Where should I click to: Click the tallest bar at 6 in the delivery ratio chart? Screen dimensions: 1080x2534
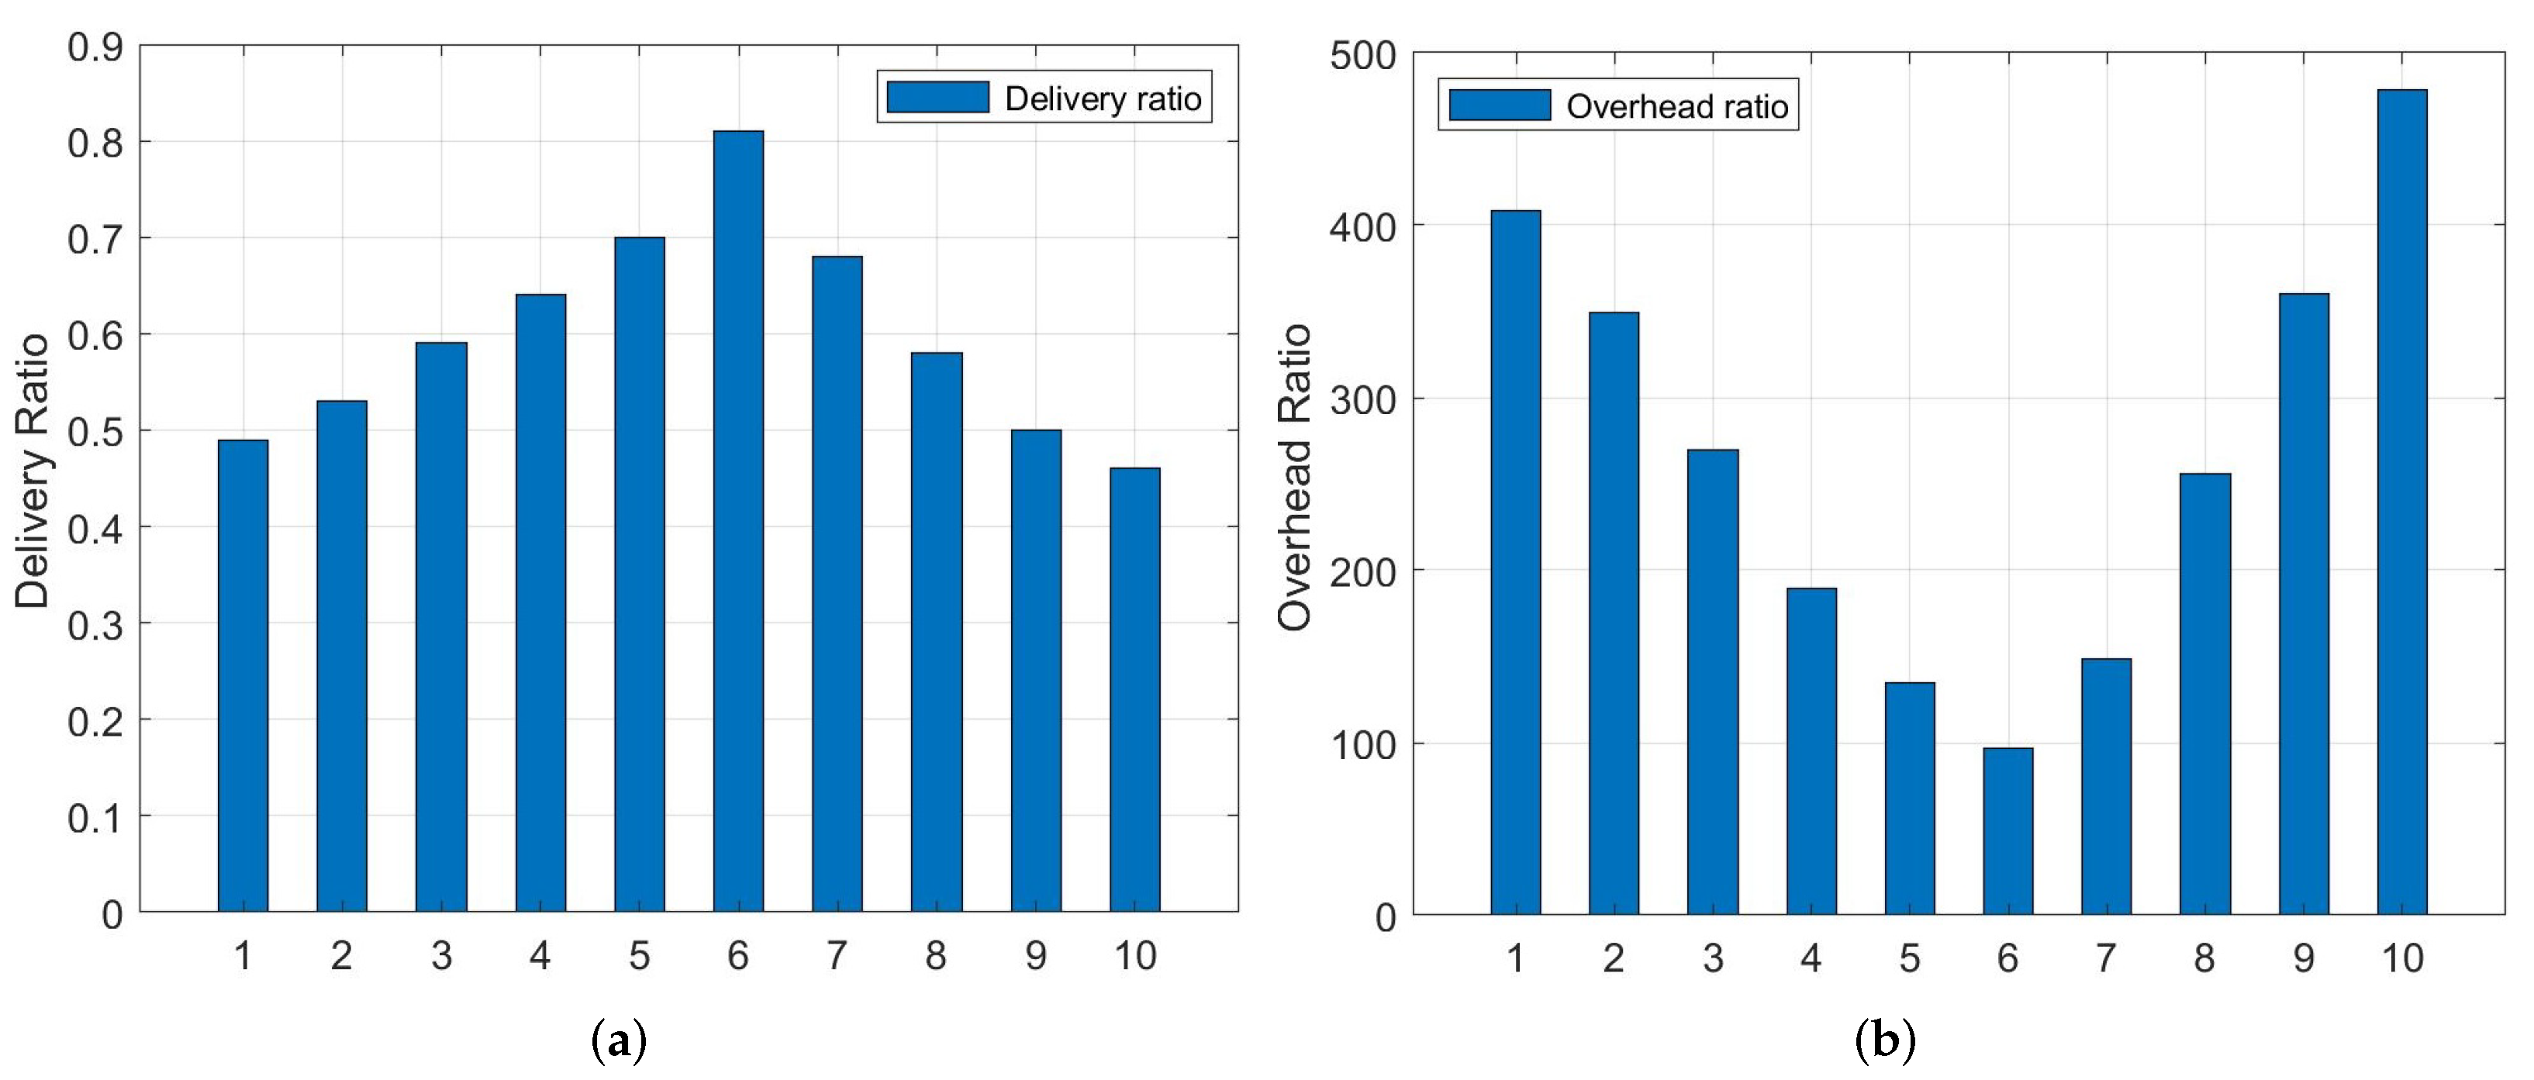click(737, 521)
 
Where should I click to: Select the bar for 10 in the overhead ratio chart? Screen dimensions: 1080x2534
click(2401, 502)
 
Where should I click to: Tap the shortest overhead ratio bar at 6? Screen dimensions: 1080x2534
click(2008, 831)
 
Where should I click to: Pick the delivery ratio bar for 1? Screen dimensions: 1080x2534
click(243, 676)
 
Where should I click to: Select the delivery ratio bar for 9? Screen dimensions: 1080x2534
click(1036, 671)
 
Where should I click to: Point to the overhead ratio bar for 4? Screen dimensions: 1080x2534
click(1811, 751)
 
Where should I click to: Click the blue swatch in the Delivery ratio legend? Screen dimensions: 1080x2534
click(937, 98)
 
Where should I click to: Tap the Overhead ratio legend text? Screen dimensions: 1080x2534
click(1676, 106)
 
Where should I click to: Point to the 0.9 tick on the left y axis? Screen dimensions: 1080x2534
click(95, 47)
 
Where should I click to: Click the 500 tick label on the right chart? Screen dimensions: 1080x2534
click(1362, 55)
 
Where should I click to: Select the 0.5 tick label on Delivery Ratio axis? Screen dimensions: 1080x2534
click(95, 432)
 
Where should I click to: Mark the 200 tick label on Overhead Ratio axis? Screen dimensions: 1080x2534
click(1362, 572)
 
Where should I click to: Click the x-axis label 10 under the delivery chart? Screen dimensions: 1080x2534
click(1134, 955)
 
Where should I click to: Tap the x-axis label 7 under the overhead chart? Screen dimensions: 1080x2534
click(2105, 958)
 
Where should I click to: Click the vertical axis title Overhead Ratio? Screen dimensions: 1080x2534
click(1295, 477)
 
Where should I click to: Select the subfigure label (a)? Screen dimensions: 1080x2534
click(619, 1040)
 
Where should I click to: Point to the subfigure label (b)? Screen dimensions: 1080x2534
click(1885, 1040)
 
